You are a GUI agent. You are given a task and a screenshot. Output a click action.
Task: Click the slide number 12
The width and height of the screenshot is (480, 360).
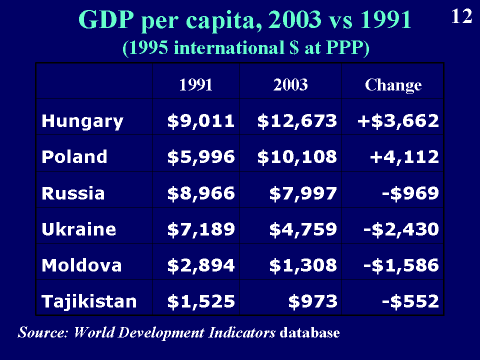(461, 17)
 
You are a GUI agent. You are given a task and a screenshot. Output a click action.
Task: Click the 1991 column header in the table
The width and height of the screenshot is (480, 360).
(196, 85)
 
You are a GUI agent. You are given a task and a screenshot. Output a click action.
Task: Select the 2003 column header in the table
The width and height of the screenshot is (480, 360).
(290, 85)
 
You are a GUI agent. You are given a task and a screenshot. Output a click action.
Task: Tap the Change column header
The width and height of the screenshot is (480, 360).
(393, 85)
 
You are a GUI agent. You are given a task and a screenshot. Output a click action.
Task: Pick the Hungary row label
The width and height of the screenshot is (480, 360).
(82, 121)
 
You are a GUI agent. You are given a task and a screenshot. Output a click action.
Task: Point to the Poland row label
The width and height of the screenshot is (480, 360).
(74, 157)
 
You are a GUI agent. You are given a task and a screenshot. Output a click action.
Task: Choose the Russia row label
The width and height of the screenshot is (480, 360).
(73, 193)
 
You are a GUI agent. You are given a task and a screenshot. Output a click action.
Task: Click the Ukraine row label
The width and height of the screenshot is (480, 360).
(79, 229)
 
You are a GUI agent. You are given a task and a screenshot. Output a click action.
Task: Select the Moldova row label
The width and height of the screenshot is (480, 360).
(81, 265)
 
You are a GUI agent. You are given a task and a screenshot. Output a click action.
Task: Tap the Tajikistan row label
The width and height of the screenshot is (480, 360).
(89, 301)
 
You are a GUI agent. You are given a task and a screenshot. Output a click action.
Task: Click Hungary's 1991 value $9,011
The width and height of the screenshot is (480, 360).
(201, 121)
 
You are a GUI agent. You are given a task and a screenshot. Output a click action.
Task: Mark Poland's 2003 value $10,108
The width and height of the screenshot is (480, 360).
(297, 157)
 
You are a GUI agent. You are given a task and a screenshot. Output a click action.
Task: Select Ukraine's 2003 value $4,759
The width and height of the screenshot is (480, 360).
(303, 229)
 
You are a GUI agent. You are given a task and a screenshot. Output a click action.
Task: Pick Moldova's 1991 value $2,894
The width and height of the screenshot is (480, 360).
(201, 265)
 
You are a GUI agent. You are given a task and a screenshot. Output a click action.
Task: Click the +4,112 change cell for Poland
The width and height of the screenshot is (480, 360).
(403, 157)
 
